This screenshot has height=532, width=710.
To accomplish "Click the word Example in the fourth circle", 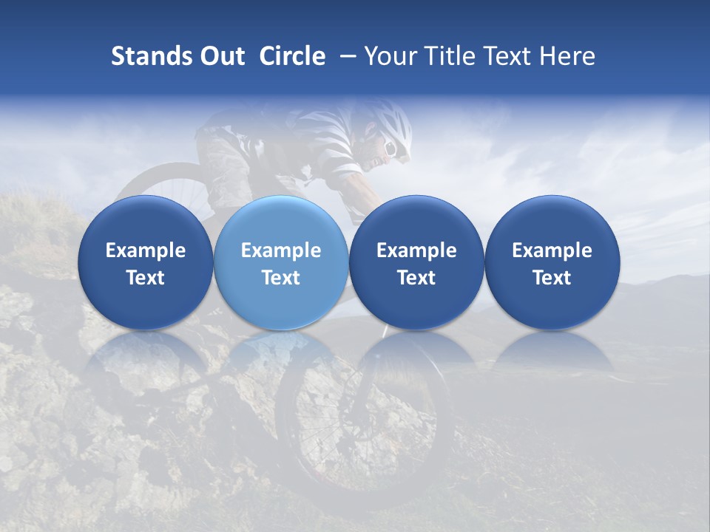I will coord(552,250).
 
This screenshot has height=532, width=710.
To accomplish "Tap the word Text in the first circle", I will coord(146,278).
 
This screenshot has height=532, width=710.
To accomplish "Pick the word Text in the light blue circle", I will coord(281,278).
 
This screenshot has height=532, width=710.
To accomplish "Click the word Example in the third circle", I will coord(416,250).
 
